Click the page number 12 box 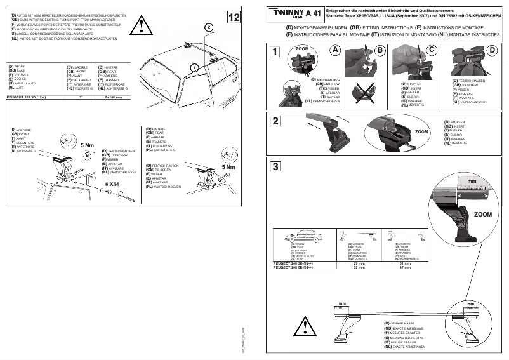click(x=234, y=17)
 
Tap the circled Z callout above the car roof click(x=208, y=27)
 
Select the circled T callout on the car click(x=195, y=67)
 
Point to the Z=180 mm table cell click(x=113, y=97)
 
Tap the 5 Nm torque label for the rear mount click(x=227, y=167)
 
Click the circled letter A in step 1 click(x=335, y=50)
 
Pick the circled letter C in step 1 click(x=432, y=50)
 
